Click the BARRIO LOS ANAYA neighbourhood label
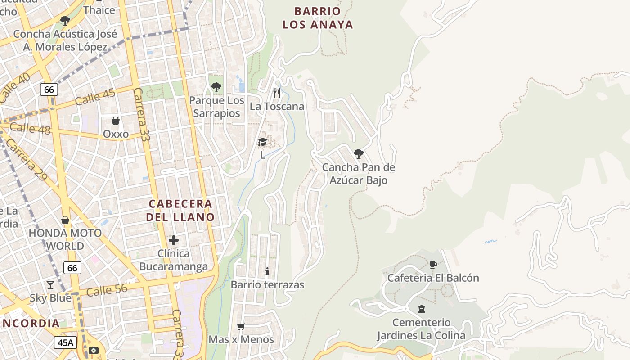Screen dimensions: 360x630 pyautogui.click(x=318, y=18)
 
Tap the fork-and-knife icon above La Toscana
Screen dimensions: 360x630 pyautogui.click(x=277, y=93)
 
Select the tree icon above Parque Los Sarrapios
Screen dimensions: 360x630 pyautogui.click(x=216, y=87)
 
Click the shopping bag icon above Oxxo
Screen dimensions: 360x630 pyautogui.click(x=116, y=121)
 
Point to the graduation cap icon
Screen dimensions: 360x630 pyautogui.click(x=262, y=142)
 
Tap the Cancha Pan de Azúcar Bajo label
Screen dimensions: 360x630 pyautogui.click(x=358, y=174)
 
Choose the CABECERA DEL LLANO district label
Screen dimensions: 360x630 pyautogui.click(x=180, y=210)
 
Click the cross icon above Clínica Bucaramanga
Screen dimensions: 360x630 pyautogui.click(x=174, y=240)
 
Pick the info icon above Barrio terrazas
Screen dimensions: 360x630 pyautogui.click(x=267, y=271)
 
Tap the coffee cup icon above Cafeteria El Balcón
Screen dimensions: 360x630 pyautogui.click(x=433, y=265)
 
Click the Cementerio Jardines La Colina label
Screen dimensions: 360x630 pyautogui.click(x=421, y=329)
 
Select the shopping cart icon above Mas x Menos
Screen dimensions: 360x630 pyautogui.click(x=241, y=326)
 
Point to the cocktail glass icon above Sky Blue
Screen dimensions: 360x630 pyautogui.click(x=50, y=285)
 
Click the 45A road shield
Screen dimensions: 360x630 pyautogui.click(x=66, y=342)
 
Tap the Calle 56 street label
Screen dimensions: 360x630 pyautogui.click(x=107, y=290)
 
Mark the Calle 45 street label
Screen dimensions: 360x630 pyautogui.click(x=95, y=96)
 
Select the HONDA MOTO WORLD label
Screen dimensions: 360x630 pyautogui.click(x=65, y=239)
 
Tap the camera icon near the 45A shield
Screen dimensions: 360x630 pyautogui.click(x=94, y=350)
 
